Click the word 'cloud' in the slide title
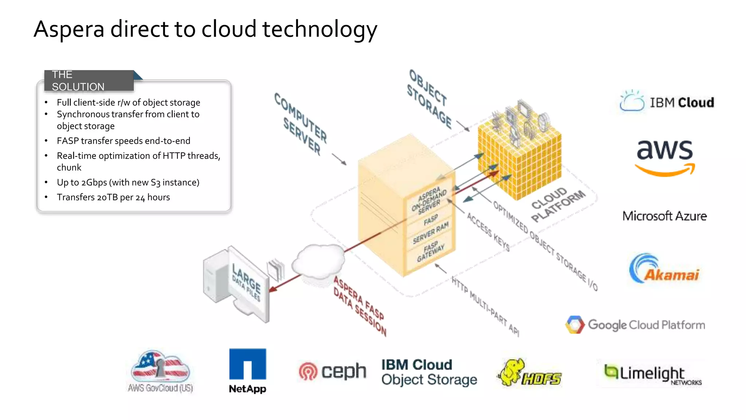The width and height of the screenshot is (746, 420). [229, 29]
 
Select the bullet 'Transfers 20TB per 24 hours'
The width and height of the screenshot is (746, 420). [113, 197]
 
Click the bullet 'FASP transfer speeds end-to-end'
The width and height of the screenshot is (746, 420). [123, 141]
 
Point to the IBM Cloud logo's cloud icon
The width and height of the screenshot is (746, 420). [632, 101]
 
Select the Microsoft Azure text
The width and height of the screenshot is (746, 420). [664, 216]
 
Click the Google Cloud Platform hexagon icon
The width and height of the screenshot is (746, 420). [575, 324]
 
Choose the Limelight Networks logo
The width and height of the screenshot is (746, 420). [652, 374]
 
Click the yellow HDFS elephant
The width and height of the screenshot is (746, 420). [512, 372]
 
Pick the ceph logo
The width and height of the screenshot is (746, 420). [332, 372]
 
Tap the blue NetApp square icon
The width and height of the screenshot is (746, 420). [248, 364]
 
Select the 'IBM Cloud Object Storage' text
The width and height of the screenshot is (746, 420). [429, 372]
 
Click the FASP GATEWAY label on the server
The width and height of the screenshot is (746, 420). [431, 252]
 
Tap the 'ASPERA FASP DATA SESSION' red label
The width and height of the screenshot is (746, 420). [360, 306]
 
